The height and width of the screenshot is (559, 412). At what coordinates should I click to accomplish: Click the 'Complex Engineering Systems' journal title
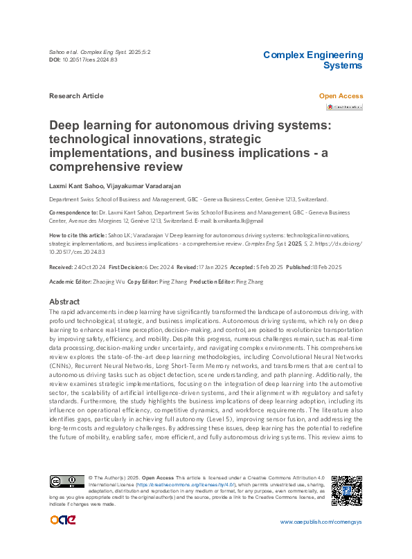click(x=313, y=60)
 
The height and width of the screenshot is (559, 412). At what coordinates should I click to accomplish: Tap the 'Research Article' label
click(x=76, y=95)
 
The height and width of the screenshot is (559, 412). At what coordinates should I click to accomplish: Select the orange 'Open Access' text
click(x=341, y=95)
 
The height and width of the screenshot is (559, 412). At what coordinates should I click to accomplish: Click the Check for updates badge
click(x=345, y=107)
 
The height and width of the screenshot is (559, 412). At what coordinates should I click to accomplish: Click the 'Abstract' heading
click(x=64, y=302)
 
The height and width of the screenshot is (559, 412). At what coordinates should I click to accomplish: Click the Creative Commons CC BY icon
click(x=66, y=481)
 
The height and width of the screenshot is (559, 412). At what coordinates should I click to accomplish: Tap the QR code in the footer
click(x=347, y=491)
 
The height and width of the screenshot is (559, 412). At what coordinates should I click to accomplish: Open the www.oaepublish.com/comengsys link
click(x=321, y=521)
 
